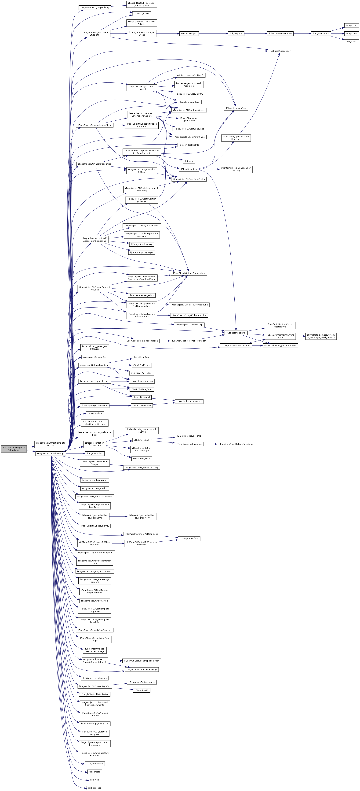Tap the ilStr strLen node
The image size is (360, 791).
pyautogui.click(x=351, y=26)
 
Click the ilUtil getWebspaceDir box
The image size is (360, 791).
pyautogui.click(x=280, y=51)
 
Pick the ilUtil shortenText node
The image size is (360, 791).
pyautogui.click(x=321, y=33)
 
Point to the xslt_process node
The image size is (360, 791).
pyautogui.click(x=95, y=788)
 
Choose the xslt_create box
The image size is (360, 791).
pyautogui.click(x=95, y=772)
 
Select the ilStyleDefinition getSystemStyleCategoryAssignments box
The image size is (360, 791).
pyautogui.click(x=321, y=336)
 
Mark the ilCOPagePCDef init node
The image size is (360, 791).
pyautogui.click(x=189, y=539)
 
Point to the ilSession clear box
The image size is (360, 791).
pyautogui.click(x=95, y=414)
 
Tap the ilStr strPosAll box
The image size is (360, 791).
pyautogui.click(x=142, y=690)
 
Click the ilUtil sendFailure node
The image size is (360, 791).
pyautogui.click(x=95, y=764)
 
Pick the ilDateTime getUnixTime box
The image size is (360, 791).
pyautogui.click(x=189, y=436)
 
